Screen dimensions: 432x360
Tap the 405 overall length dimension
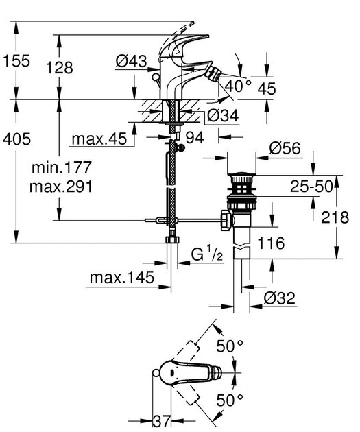(x=17, y=139)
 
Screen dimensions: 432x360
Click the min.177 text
(x=65, y=168)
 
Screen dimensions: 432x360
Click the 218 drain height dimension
(x=336, y=216)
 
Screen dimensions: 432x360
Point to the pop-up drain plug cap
(x=243, y=178)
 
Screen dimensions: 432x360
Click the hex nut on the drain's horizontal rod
(x=223, y=220)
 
